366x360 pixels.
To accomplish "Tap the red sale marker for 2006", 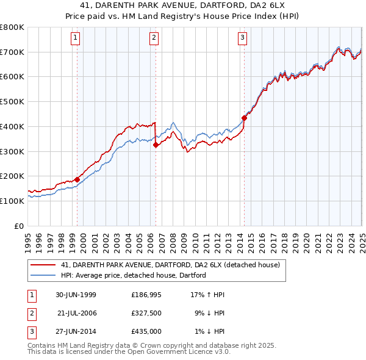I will point(156,145).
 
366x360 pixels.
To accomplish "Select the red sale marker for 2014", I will point(244,118).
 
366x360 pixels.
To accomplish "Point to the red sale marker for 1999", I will point(77,179).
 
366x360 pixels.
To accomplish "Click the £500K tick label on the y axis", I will point(12,102).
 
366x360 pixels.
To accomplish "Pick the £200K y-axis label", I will point(12,176).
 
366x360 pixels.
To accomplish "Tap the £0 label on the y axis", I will point(19,226).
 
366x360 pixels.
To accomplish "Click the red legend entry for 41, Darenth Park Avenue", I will point(170,265).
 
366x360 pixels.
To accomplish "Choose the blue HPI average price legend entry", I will point(134,275).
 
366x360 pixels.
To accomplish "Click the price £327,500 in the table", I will point(146,313).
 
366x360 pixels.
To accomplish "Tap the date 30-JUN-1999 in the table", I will point(76,295).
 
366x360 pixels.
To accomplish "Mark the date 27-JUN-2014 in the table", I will point(76,331).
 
